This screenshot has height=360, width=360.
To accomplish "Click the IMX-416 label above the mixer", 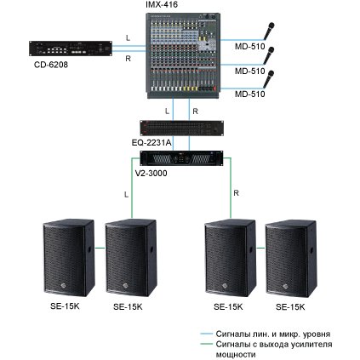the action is pos(162,4).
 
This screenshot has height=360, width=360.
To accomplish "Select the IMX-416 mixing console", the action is pos(183,55).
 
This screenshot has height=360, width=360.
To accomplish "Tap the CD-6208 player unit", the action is pos(71,49).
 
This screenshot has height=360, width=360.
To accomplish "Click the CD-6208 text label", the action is pos(51,65).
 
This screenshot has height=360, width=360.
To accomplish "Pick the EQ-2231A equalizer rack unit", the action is pos(181,129).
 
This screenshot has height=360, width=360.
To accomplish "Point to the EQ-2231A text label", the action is pos(151,142).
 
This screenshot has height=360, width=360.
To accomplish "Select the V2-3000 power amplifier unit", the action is pos(181,158).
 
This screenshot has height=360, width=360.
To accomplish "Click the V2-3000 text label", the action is pos(151,173).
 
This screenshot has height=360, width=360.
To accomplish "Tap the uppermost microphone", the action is pos(269,31).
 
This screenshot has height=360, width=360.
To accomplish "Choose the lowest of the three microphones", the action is pos(269,79).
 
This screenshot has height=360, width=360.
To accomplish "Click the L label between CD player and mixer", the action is pos(128,37).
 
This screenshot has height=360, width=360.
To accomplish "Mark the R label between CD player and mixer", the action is pos(128,59).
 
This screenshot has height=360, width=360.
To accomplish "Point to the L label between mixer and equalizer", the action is pos(167,111).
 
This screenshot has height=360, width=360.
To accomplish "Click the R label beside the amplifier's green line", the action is pos(236,193).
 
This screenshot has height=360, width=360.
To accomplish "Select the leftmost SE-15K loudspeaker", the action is pos(69,258).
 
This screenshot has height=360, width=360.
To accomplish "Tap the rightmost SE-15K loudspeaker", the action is pos(291,258).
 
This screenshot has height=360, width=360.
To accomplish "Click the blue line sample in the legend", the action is pos(206,334).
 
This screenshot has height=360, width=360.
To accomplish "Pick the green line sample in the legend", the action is pos(206,345).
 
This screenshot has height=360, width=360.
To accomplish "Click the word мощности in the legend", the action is pos(236,355).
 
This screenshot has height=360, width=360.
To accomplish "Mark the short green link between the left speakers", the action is pos(100,249).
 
